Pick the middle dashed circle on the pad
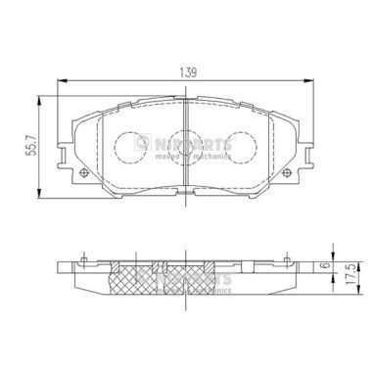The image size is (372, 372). (185, 147)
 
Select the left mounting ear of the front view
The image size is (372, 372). (66, 154)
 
